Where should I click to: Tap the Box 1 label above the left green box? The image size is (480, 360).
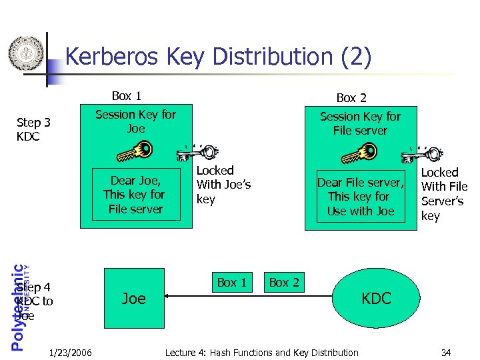[x=126, y=95]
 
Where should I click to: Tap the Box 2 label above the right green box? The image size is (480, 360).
[x=351, y=97]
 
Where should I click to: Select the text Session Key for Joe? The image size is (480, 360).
[x=135, y=121]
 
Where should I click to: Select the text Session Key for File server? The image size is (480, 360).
[x=360, y=123]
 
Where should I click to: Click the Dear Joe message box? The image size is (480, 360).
[x=137, y=195]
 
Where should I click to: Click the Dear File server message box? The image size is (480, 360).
[x=361, y=197]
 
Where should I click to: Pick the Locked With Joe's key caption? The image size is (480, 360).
[x=223, y=185]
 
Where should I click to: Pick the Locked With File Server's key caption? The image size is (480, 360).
[x=444, y=194]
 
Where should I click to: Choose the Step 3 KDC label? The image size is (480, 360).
[x=33, y=129]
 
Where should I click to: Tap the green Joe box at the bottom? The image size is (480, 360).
[x=134, y=298]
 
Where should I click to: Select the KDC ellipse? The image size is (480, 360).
[x=376, y=298]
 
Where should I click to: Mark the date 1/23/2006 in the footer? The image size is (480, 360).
[x=71, y=352]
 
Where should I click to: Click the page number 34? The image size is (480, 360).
[x=446, y=352]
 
